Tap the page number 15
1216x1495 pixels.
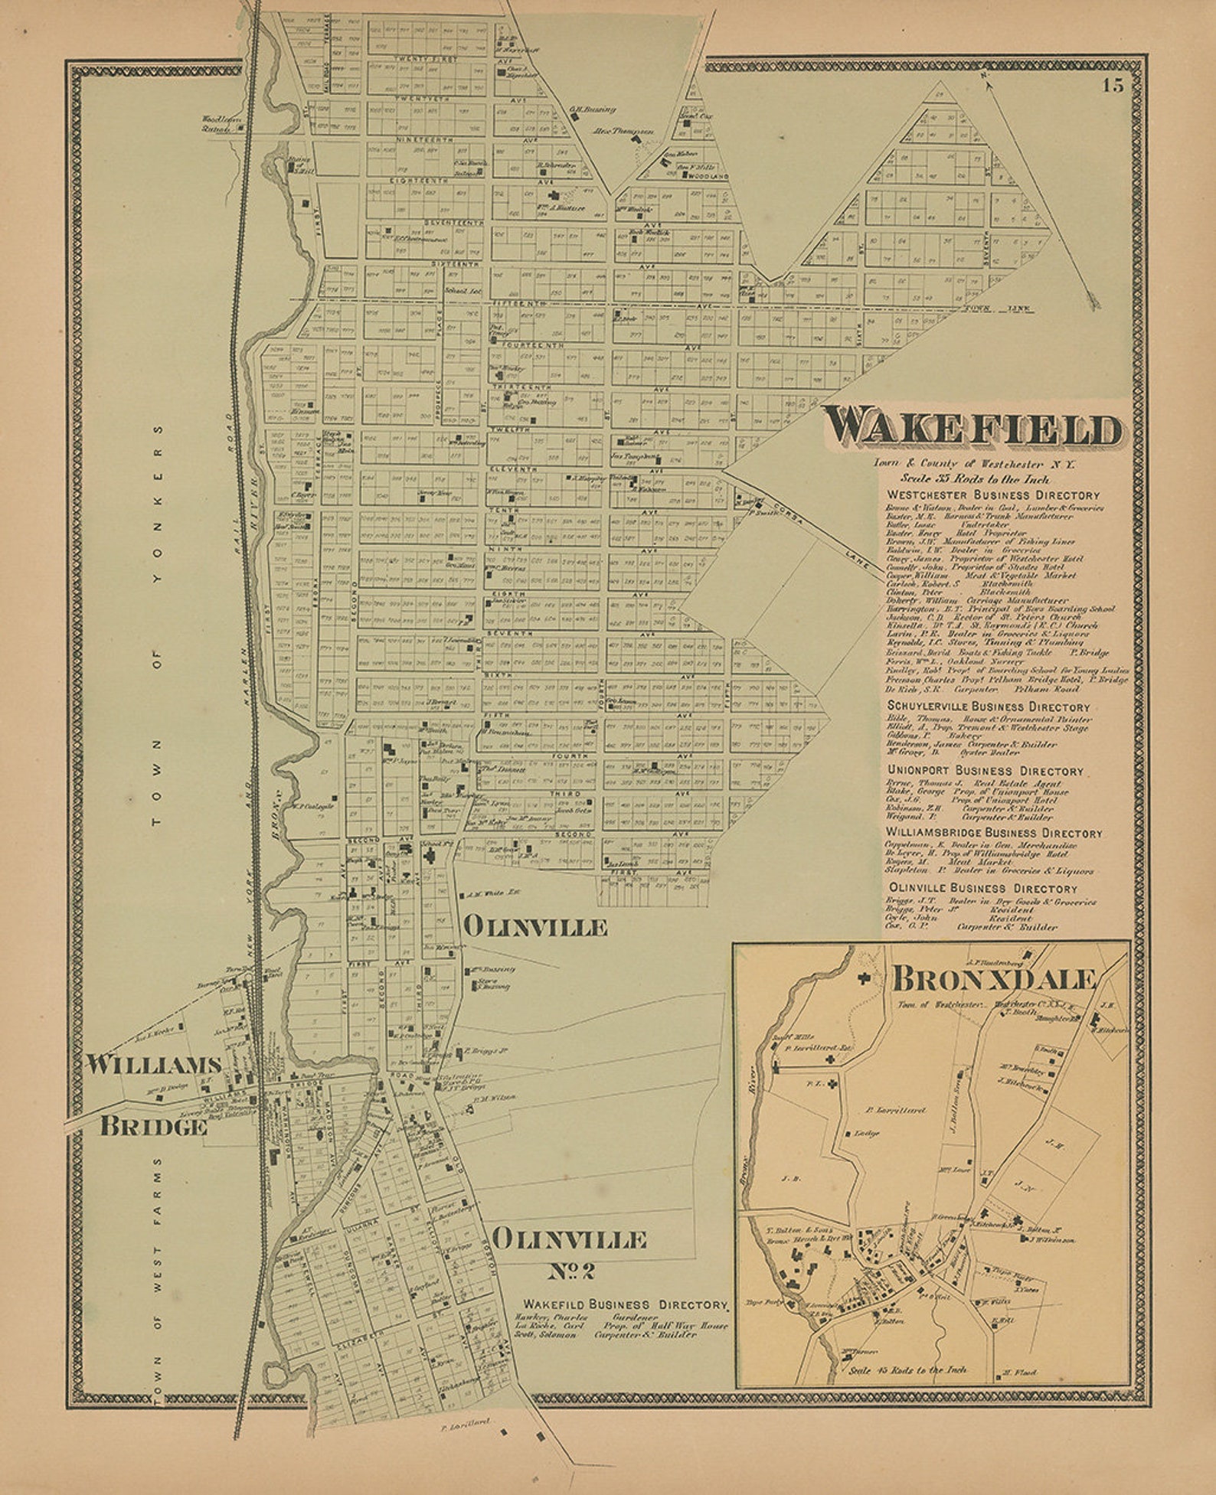click(x=1113, y=86)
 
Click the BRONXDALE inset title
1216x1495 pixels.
click(x=994, y=979)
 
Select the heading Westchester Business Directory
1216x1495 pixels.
click(x=992, y=495)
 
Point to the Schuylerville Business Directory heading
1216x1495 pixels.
click(x=988, y=707)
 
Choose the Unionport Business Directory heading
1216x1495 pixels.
click(x=985, y=771)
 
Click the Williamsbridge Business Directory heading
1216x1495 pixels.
click(x=994, y=833)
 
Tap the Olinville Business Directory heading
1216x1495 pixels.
click(x=982, y=889)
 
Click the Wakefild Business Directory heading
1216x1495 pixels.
click(x=625, y=1304)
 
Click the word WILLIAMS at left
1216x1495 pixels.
click(x=153, y=1065)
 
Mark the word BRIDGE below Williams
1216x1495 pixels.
click(x=153, y=1126)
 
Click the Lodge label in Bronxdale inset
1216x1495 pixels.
click(x=866, y=1133)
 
